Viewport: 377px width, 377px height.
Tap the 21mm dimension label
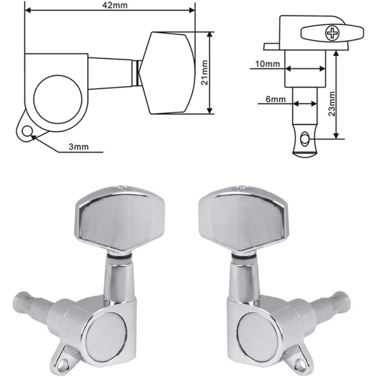(204, 72)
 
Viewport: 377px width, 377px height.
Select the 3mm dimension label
(79, 146)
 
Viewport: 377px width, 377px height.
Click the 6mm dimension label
(276, 99)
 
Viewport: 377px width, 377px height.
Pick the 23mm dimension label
(332, 104)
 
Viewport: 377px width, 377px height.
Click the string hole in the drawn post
(305, 139)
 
